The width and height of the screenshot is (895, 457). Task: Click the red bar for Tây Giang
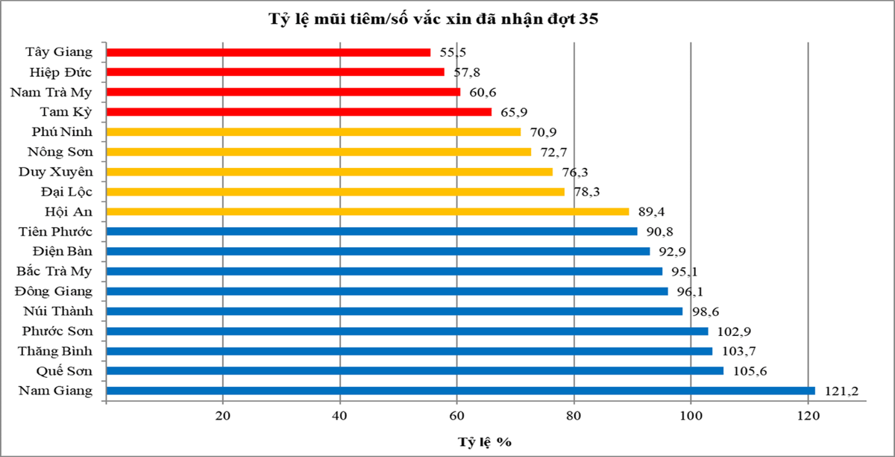pyautogui.click(x=268, y=52)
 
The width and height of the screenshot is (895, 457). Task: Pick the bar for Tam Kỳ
pyautogui.click(x=299, y=112)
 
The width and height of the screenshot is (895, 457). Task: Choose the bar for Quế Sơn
pyautogui.click(x=415, y=370)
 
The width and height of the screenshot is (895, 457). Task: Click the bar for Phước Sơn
pyautogui.click(x=407, y=331)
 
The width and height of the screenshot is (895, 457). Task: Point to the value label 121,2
pyautogui.click(x=836, y=391)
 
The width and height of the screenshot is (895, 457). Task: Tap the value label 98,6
pyautogui.click(x=704, y=311)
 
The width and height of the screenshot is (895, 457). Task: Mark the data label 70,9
pyautogui.click(x=542, y=132)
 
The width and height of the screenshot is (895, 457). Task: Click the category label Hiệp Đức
pyautogui.click(x=62, y=72)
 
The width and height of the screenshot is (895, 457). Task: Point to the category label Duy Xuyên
pyautogui.click(x=56, y=172)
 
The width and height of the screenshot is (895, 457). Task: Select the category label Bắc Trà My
pyautogui.click(x=54, y=271)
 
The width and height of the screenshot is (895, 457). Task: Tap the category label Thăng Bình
pyautogui.click(x=57, y=351)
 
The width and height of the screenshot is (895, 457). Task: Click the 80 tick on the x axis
pyautogui.click(x=574, y=417)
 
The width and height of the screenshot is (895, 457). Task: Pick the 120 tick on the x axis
pyautogui.click(x=808, y=417)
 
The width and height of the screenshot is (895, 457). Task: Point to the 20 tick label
pyautogui.click(x=223, y=417)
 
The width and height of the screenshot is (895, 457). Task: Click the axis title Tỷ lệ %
pyautogui.click(x=484, y=441)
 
